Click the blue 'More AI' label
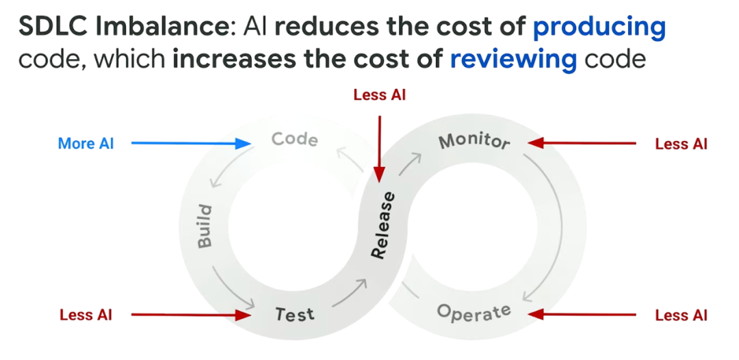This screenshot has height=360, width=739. coord(86,144)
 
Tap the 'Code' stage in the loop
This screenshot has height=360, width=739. coord(295,140)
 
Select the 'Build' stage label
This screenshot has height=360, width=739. coord(205,226)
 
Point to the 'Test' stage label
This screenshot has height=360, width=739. coord(294,314)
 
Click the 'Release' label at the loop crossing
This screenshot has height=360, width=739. coord(383,225)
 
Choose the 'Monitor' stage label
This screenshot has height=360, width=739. coord(474,142)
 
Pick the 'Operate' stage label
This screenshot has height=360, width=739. coord(474,313)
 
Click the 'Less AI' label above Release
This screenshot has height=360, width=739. coord(379,95)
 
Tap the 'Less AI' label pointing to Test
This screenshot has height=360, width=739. coord(86,315)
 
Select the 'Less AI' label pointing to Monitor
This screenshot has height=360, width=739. coord(681,144)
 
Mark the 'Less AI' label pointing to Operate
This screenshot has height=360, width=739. coord(681,315)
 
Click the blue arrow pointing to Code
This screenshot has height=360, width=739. coord(192,144)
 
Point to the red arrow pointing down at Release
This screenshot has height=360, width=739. coord(378,147)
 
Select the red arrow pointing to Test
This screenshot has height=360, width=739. coord(192,315)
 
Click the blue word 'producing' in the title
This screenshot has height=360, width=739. coord(599,27)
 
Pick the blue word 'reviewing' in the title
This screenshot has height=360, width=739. coord(513,59)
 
